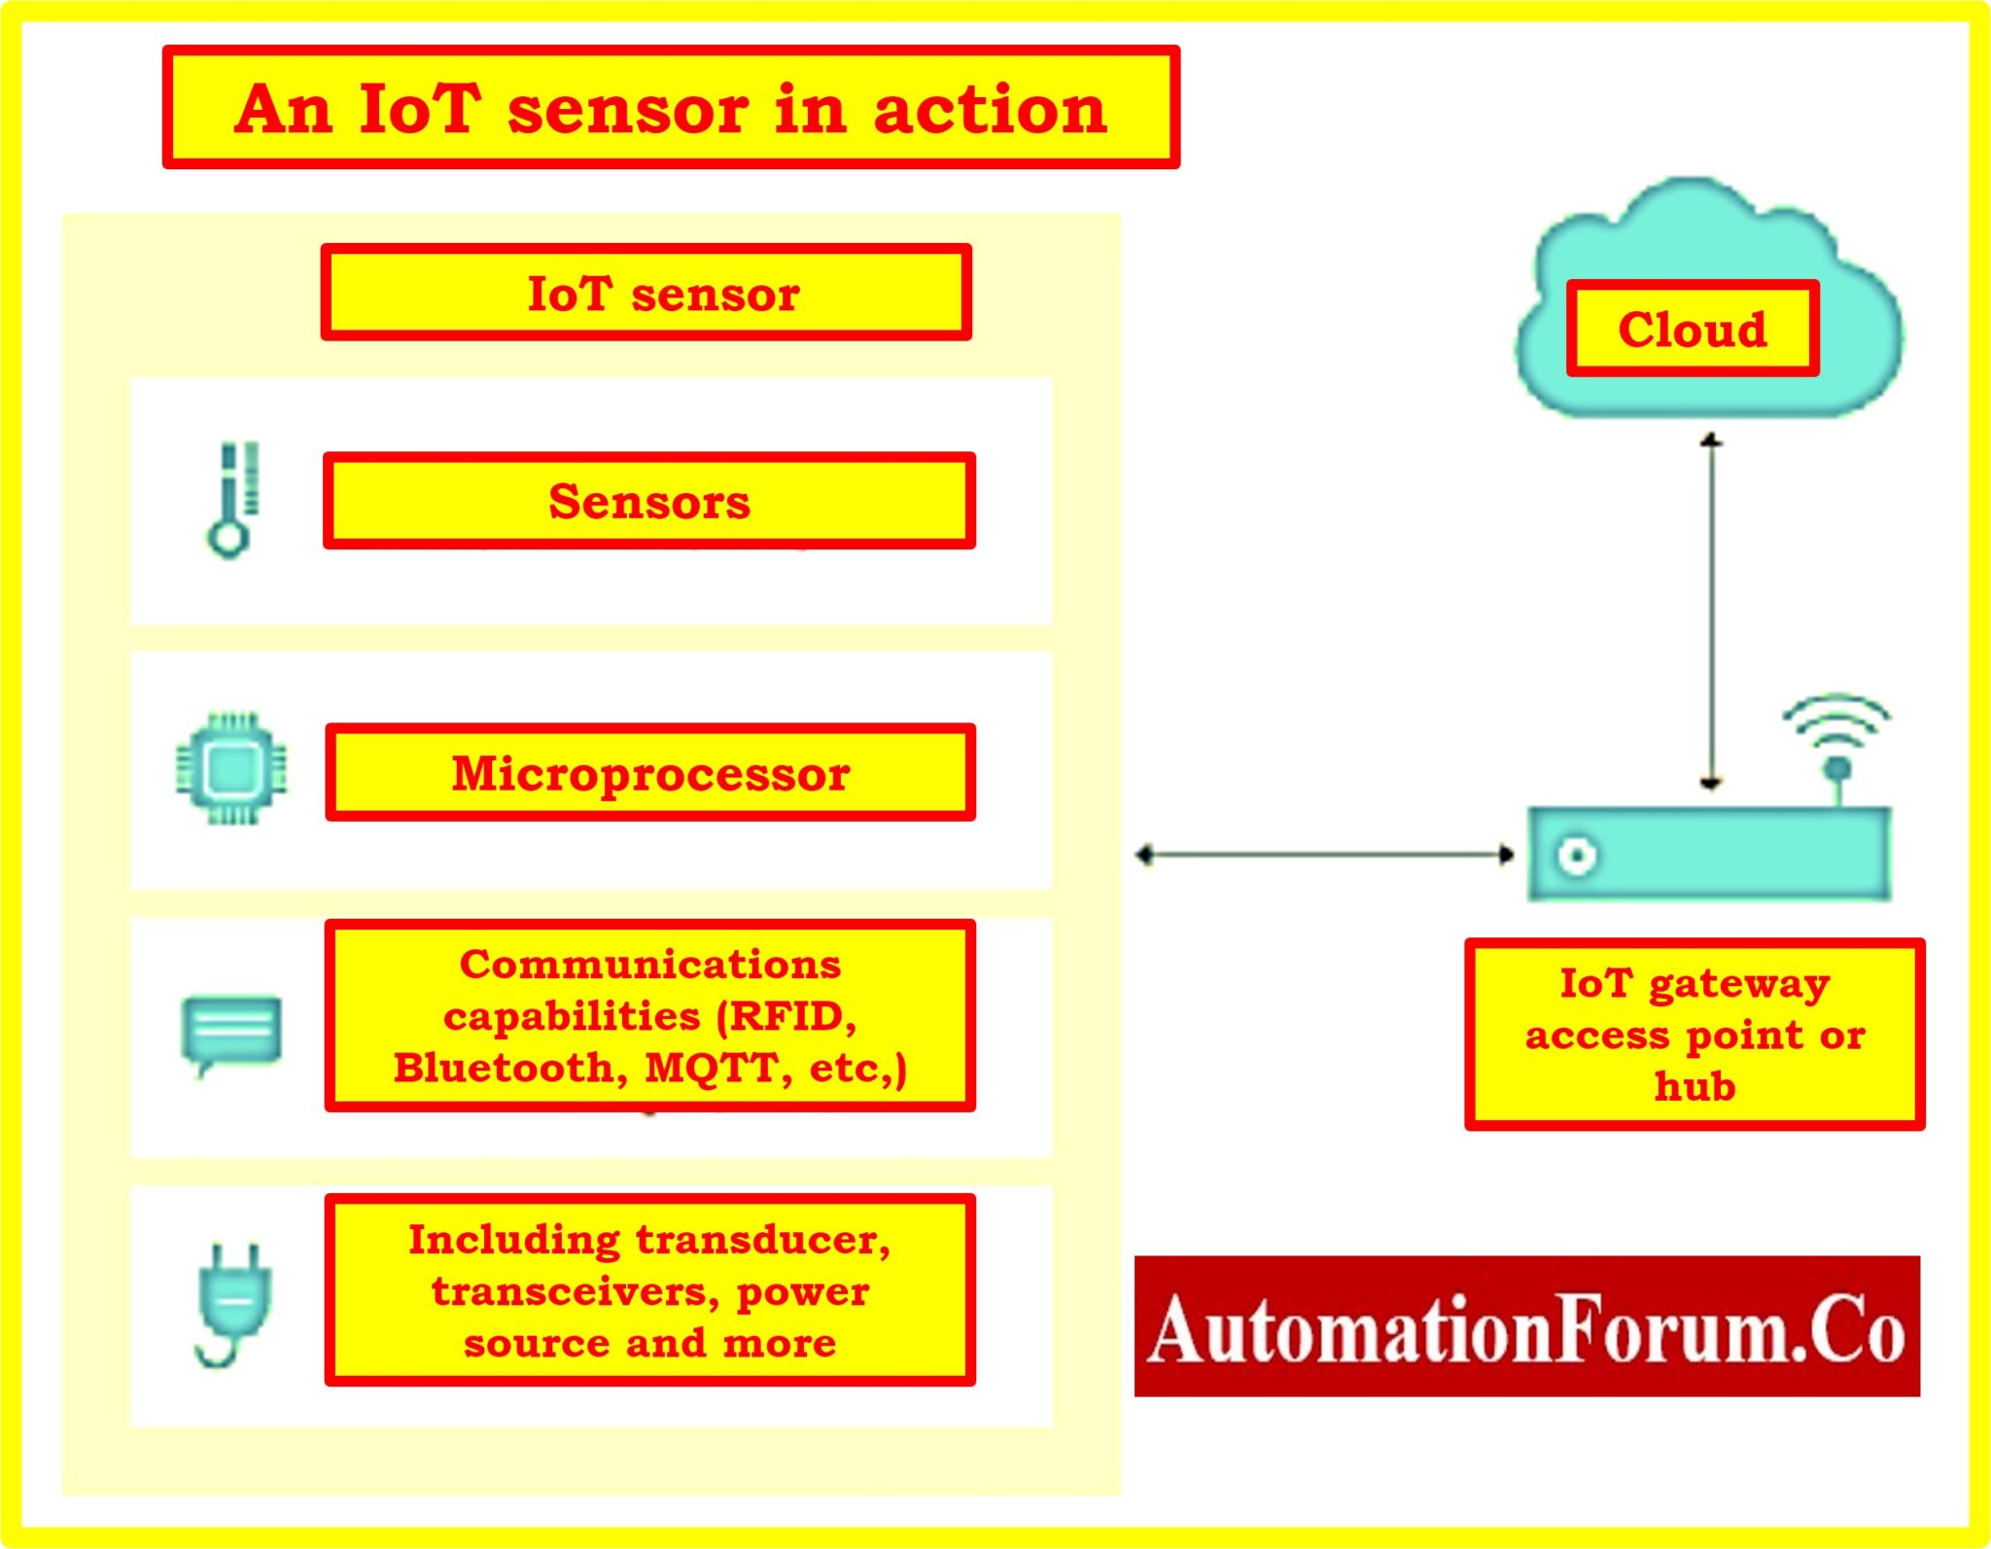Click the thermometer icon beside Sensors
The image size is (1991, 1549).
[233, 500]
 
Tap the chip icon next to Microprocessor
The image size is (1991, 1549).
[231, 769]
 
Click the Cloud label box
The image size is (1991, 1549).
[1692, 329]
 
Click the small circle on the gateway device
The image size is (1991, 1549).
[1576, 856]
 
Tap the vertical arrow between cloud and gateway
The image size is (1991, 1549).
[1712, 613]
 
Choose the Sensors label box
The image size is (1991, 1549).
[648, 502]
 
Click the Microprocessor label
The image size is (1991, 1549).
[650, 774]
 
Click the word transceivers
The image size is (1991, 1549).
[575, 1291]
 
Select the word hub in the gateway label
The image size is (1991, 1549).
[1694, 1086]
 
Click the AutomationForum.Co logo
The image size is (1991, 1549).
[1526, 1327]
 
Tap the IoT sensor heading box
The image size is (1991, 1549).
[646, 293]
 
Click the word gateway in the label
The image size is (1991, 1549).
[1739, 984]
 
